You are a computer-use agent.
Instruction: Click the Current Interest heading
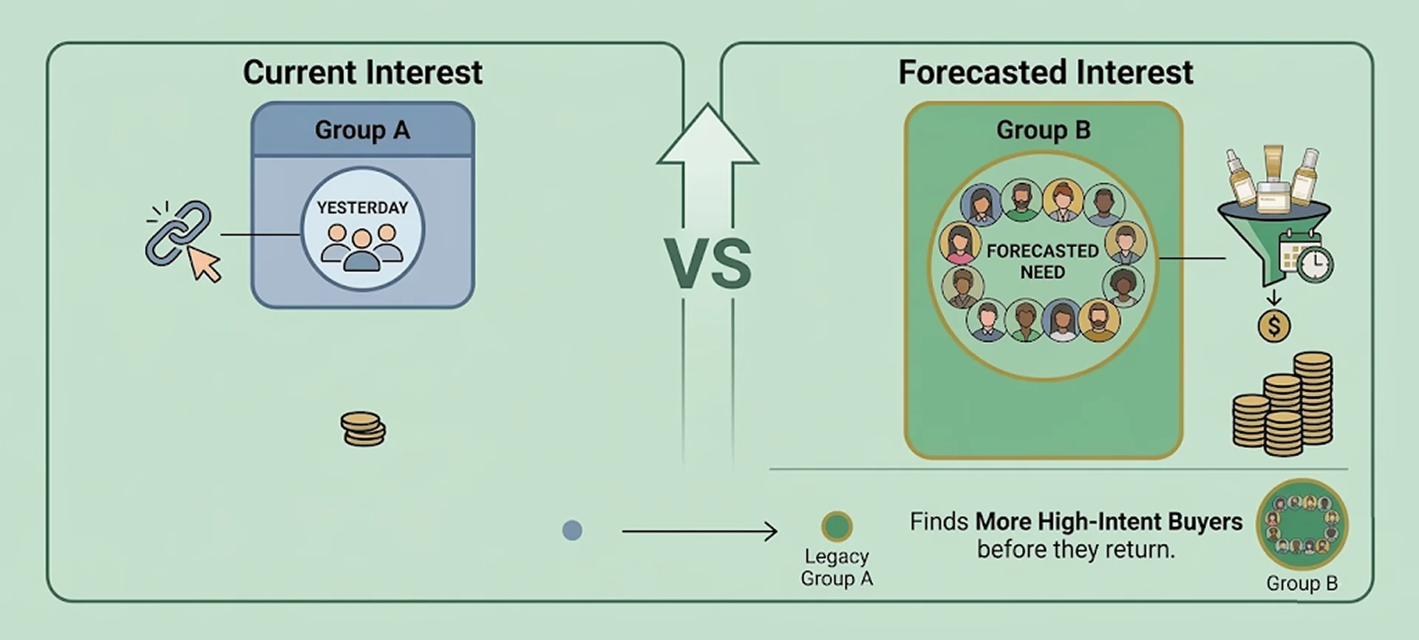[362, 72]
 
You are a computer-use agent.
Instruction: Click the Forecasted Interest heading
[1045, 72]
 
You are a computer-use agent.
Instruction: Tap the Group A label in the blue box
[362, 130]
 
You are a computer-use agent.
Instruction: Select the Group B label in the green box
[1043, 130]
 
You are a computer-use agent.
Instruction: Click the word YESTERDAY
[362, 208]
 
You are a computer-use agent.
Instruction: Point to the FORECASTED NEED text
[1042, 262]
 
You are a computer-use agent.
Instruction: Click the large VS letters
[707, 265]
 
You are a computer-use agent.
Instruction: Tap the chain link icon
[177, 232]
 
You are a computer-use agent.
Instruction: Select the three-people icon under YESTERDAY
[362, 247]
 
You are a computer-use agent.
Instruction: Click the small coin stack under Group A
[363, 429]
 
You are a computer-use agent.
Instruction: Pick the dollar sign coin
[1274, 326]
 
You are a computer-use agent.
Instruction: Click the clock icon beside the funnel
[1315, 265]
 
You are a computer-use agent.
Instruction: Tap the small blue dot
[572, 531]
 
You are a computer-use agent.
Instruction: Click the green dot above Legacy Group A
[837, 527]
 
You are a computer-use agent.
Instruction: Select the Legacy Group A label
[837, 568]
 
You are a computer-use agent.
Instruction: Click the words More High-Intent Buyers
[1109, 522]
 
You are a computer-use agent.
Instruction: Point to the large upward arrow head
[707, 137]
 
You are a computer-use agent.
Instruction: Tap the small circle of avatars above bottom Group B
[1302, 525]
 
